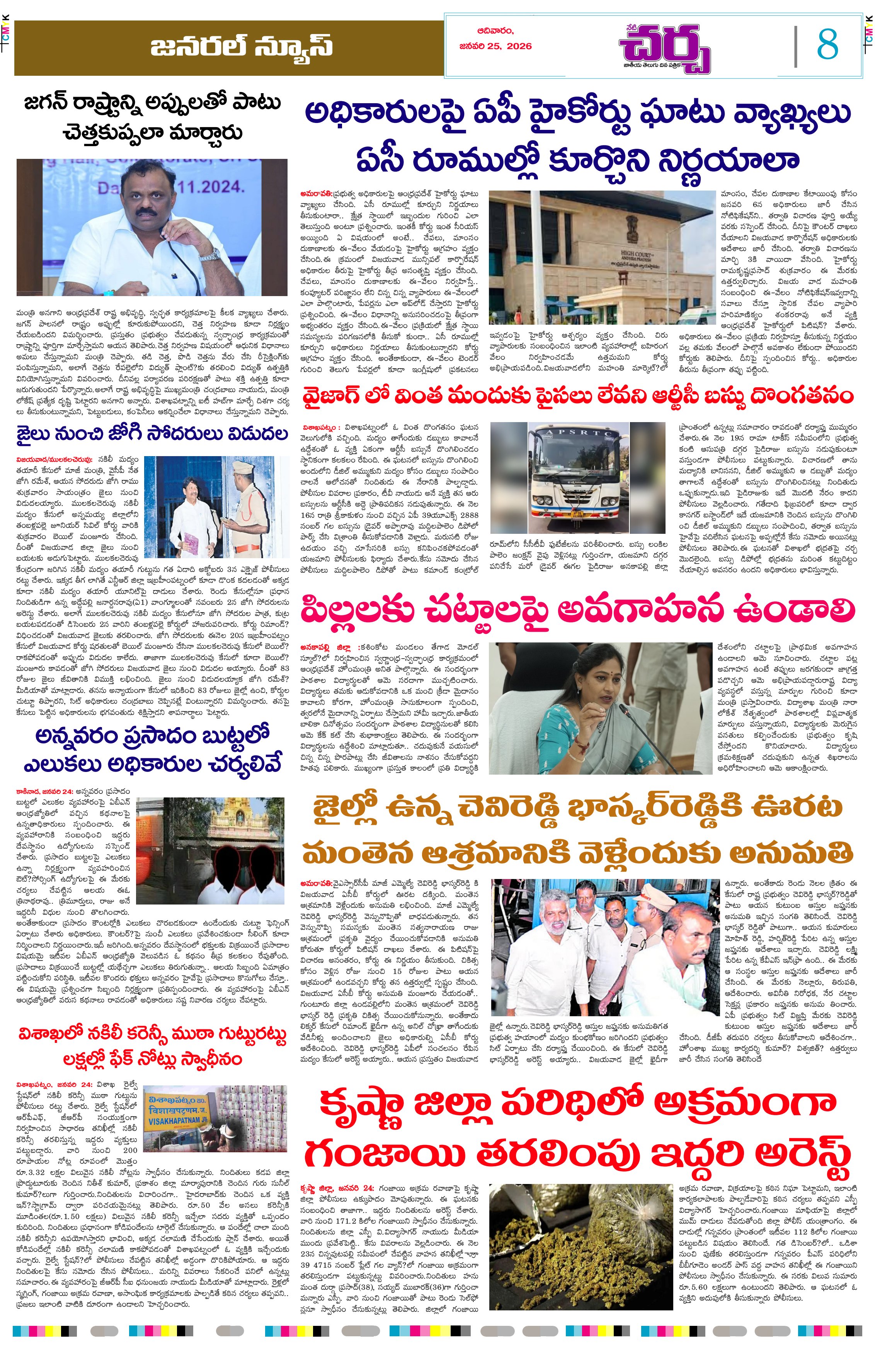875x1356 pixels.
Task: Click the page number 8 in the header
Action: tap(827, 46)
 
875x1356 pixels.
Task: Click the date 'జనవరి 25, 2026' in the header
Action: tap(495, 47)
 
